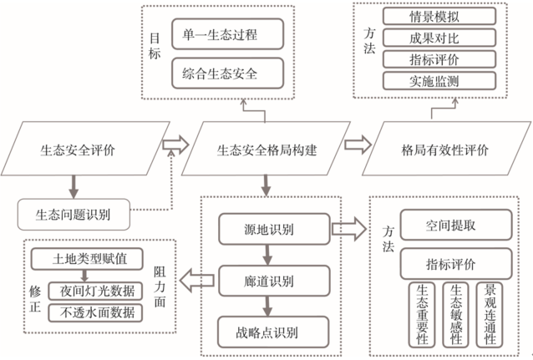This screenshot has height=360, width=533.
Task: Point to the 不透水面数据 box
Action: [x=96, y=314]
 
